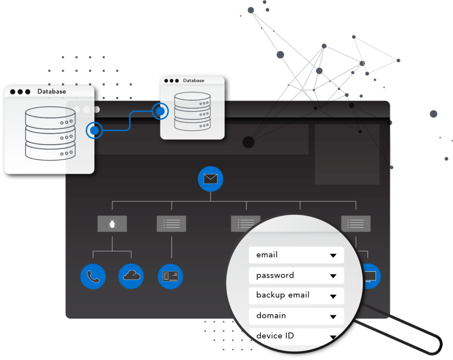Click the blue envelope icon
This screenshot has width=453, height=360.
coord(211,179)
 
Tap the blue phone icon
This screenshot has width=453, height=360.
coord(93,276)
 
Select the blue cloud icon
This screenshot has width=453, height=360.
coord(131,276)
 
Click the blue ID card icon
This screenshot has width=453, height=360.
coord(170,276)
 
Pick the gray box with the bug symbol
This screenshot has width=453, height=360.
coord(112,224)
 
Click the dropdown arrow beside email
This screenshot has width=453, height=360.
coord(333,255)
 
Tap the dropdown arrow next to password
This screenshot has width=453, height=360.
coord(333,276)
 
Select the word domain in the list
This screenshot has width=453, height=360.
coord(271,316)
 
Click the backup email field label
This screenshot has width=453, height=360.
coord(283,295)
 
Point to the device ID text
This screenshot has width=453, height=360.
coord(275,336)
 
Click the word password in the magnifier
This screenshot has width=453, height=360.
coord(275,275)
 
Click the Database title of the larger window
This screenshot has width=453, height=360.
coord(51,92)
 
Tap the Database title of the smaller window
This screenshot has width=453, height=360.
coord(194,81)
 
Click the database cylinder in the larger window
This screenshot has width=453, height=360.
coord(50,132)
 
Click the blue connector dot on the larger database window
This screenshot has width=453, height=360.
coord(94,130)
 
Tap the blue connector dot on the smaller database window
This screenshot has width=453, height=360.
coord(160,111)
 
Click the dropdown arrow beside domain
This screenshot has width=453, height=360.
coord(333,317)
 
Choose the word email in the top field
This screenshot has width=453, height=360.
coord(267,255)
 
